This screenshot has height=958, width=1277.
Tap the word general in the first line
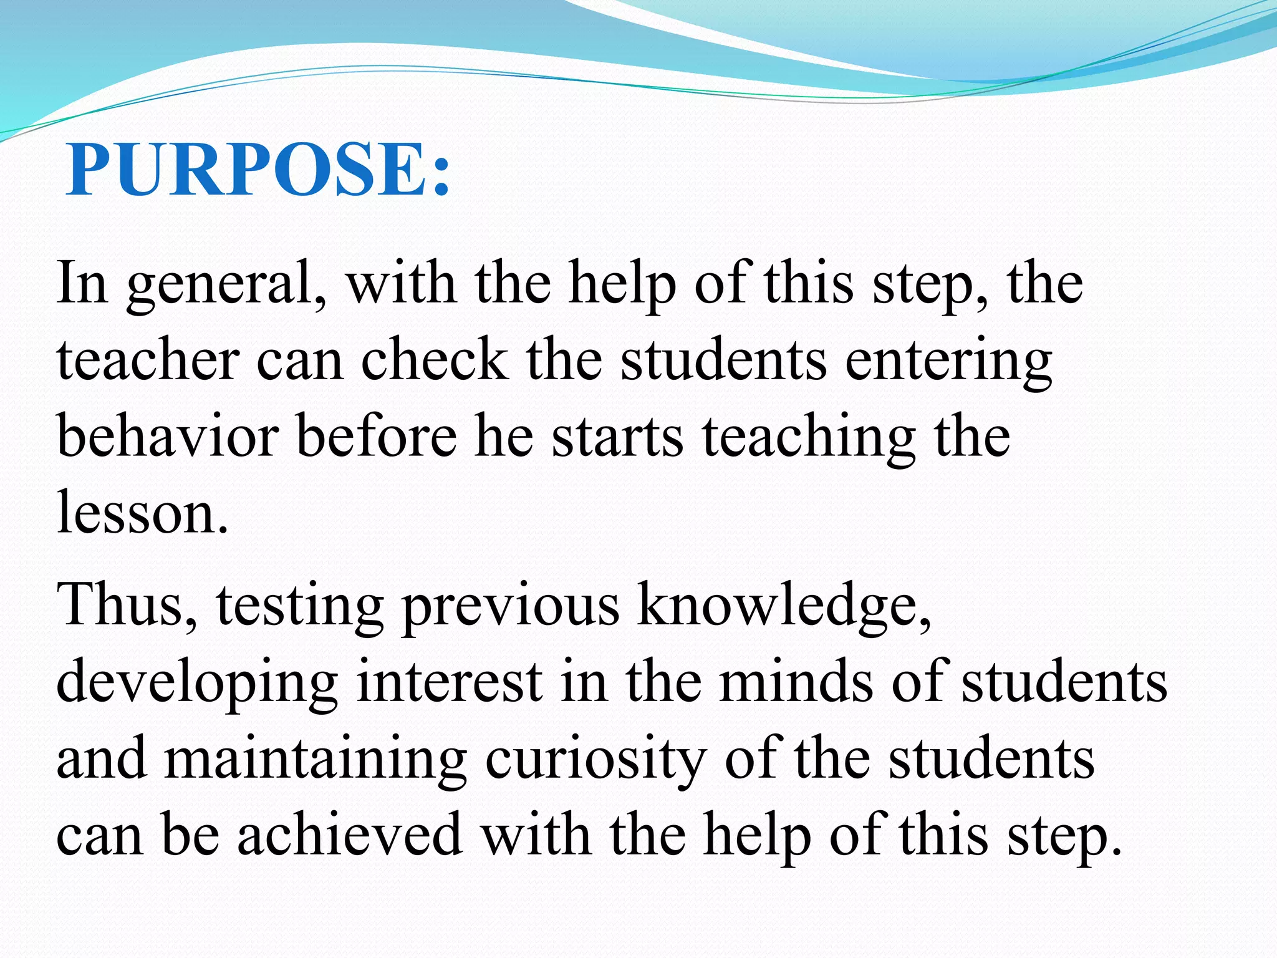(x=225, y=284)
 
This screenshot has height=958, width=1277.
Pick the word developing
(x=197, y=684)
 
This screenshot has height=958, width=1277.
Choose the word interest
(x=449, y=682)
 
